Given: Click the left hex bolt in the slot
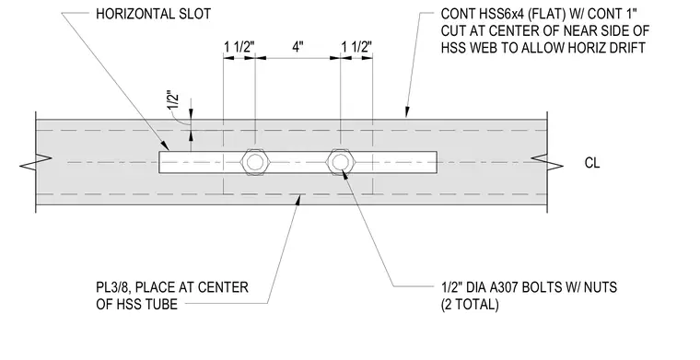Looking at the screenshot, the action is (255, 162).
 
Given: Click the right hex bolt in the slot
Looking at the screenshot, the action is (340, 162).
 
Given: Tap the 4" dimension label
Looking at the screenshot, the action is (297, 46).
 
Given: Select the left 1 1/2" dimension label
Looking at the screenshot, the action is (239, 46).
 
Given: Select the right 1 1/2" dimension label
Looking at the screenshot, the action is (356, 46).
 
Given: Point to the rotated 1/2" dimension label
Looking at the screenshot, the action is (174, 100).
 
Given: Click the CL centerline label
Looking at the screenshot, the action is (592, 163).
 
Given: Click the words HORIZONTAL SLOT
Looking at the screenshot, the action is (154, 14).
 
